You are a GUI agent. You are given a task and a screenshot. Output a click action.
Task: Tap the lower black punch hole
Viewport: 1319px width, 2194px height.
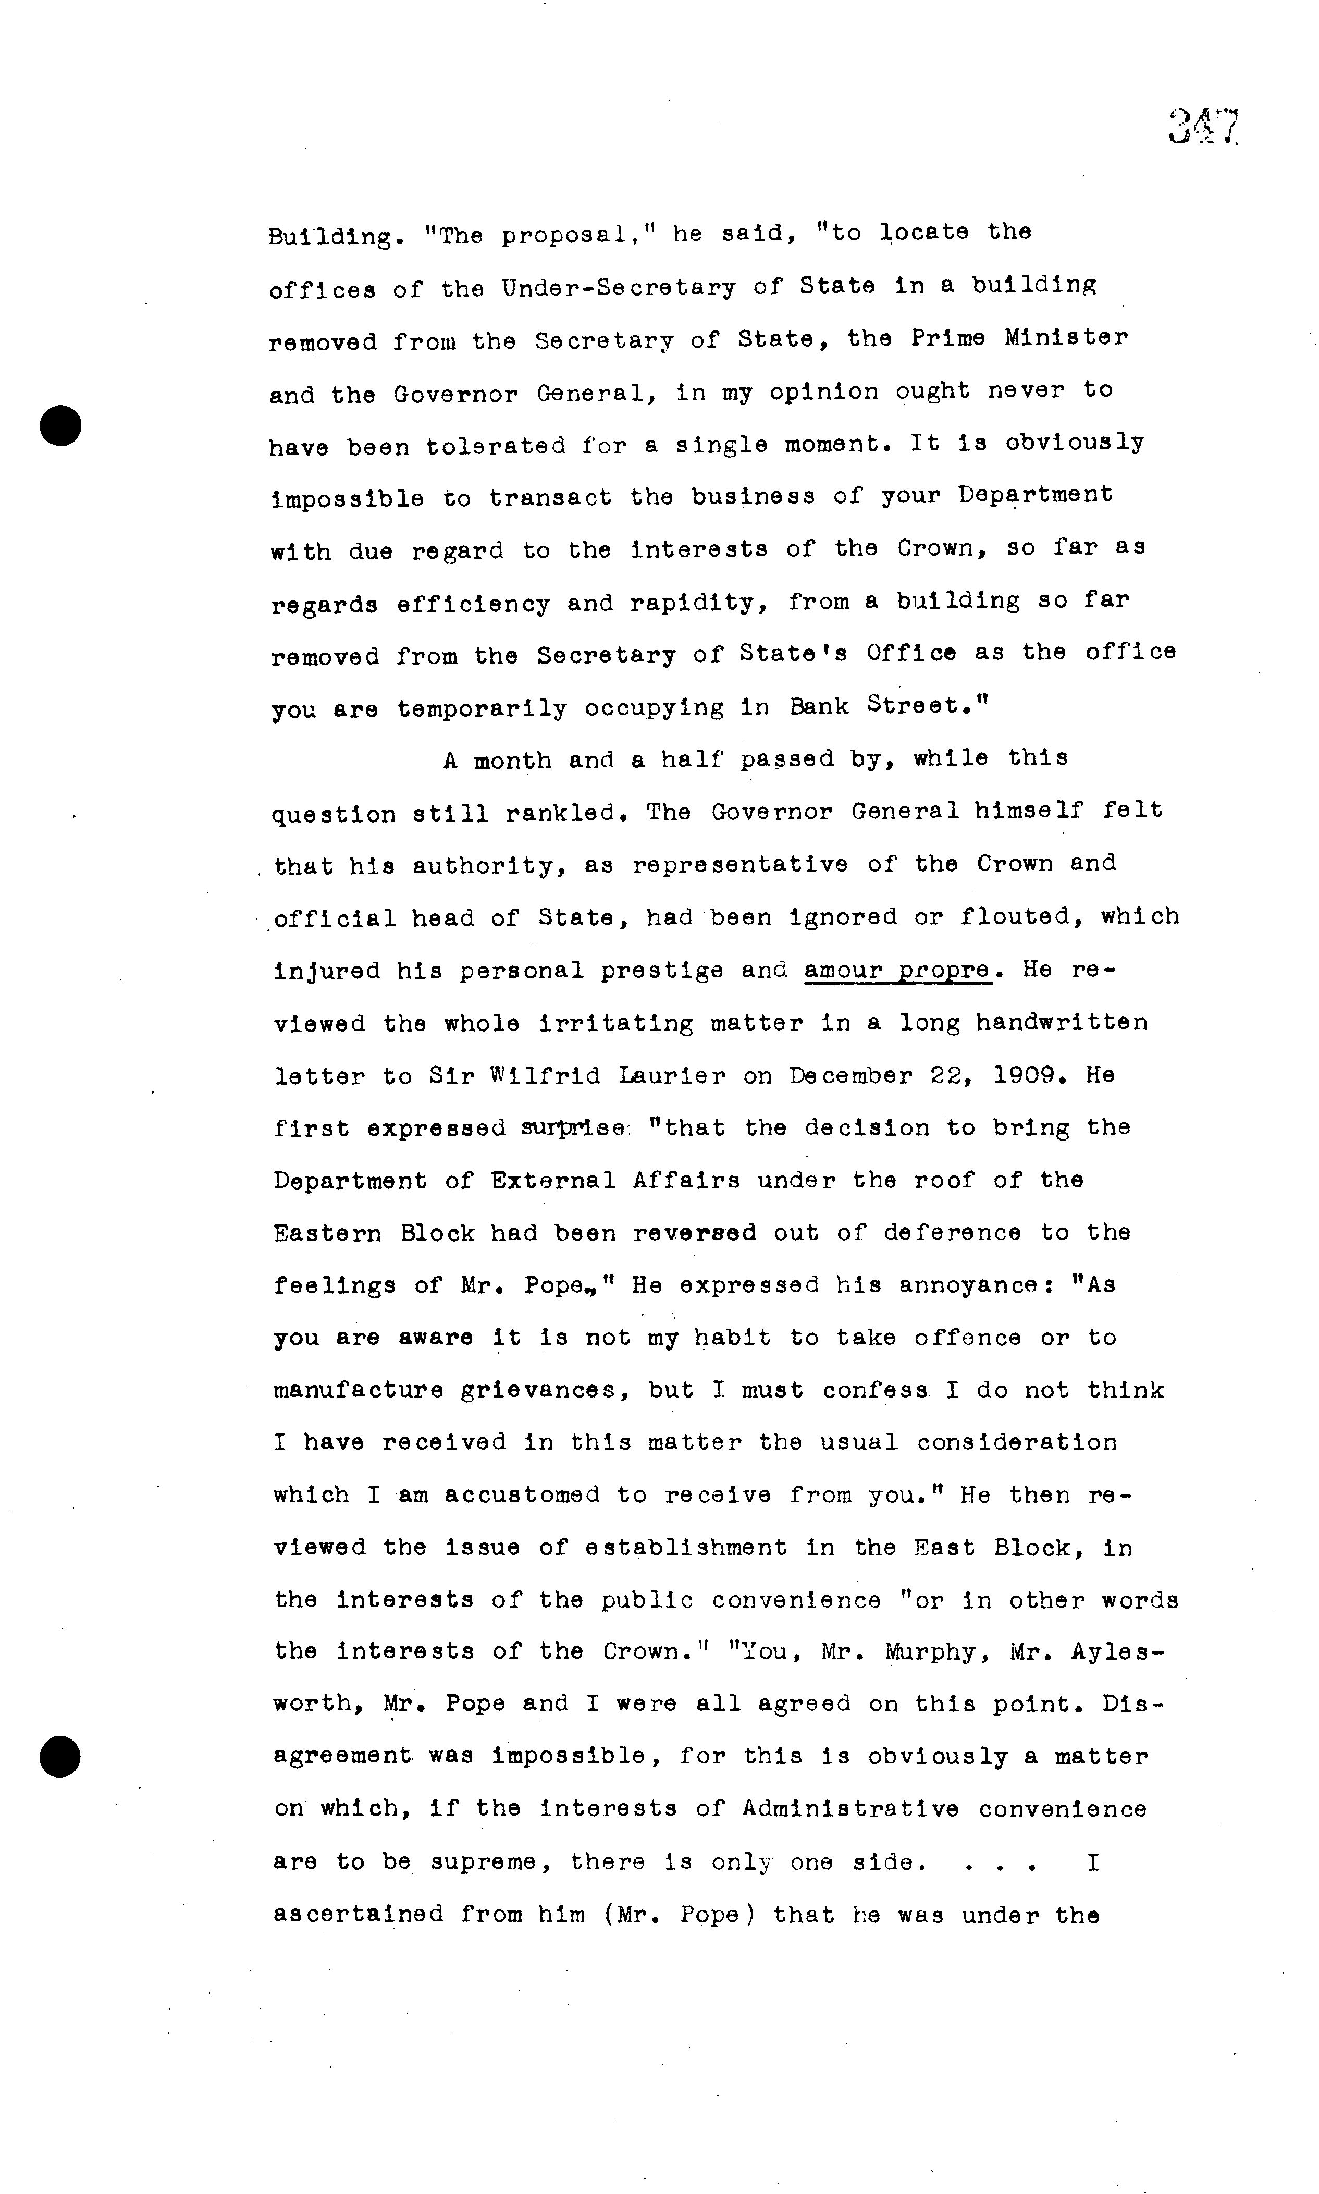point(60,1756)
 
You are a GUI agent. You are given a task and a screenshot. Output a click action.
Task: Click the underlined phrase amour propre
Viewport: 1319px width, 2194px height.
point(897,970)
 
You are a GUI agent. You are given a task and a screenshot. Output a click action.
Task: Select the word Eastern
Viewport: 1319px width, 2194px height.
point(327,1234)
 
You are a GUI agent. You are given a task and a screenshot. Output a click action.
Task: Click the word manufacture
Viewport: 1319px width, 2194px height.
point(358,1390)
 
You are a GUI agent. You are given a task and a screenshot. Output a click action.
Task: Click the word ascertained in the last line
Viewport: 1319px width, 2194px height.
point(358,1915)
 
